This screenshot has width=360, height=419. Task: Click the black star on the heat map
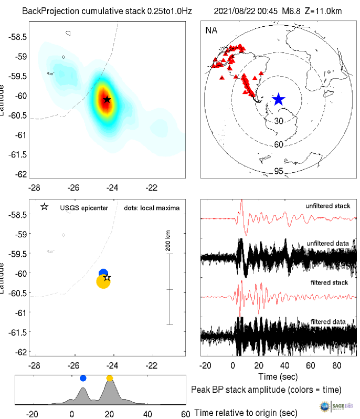107,99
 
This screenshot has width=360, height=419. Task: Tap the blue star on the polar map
278,99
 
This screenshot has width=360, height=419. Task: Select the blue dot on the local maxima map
103,273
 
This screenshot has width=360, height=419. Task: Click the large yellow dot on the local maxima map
103,282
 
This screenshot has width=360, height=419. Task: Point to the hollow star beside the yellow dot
107,277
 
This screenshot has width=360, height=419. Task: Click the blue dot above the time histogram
82,378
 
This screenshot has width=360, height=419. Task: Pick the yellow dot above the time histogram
110,378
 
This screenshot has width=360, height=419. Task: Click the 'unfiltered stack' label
328,206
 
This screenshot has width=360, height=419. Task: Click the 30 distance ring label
279,121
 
